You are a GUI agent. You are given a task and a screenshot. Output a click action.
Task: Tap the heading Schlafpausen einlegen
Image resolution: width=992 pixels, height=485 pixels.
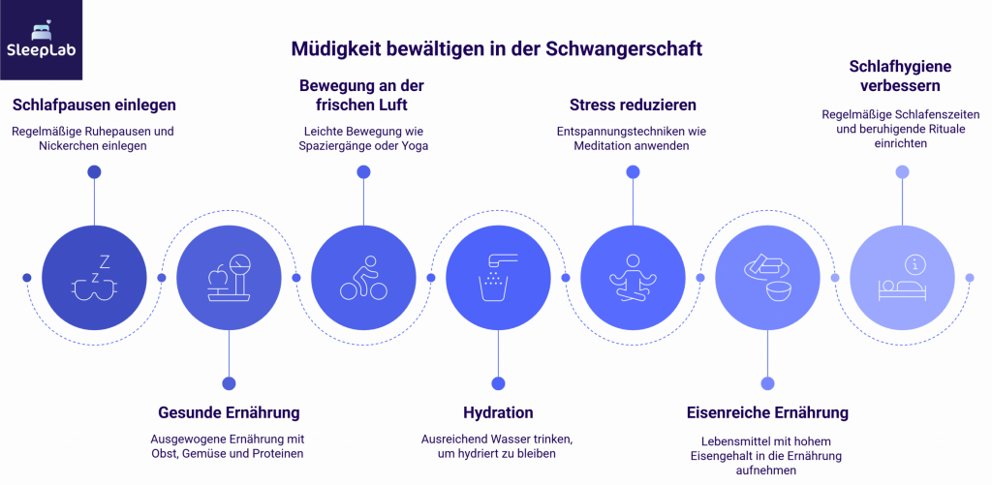point(94,105)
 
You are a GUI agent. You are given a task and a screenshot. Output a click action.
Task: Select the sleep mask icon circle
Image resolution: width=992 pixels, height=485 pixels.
point(93,277)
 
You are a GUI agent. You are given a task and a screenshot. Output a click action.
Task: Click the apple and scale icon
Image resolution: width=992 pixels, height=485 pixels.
point(228,277)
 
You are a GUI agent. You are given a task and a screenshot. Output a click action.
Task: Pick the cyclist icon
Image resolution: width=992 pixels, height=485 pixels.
point(362,277)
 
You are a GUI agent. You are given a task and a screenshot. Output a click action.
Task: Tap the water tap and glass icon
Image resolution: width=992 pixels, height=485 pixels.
point(497,277)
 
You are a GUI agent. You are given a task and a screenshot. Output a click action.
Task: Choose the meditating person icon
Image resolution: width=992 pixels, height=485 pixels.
point(632,277)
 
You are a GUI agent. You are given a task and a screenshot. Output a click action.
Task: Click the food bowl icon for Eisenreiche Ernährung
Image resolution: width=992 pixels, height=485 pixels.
point(766,277)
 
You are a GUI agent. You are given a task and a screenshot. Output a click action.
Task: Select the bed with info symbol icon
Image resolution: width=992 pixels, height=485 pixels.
point(901,277)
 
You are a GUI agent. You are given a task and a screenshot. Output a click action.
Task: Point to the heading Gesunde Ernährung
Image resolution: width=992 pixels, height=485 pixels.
point(229,412)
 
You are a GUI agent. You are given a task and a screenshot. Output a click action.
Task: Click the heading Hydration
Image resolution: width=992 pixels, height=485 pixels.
point(497,412)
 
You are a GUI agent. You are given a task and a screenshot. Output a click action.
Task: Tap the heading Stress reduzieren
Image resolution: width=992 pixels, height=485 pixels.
point(632,105)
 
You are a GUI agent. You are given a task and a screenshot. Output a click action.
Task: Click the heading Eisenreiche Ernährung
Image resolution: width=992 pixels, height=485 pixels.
point(767,412)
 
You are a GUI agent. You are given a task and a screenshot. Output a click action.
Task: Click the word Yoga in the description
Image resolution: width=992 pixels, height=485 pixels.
point(413,146)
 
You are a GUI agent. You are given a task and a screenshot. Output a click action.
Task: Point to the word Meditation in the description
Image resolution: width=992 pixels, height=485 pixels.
point(606,146)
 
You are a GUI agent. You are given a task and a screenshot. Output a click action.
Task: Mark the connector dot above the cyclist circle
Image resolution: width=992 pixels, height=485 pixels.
point(363,171)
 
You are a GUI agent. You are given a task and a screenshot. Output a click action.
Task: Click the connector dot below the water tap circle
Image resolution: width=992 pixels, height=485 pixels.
point(498,382)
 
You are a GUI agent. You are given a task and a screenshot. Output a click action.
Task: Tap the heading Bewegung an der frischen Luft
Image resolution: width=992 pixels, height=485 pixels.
point(362,95)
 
